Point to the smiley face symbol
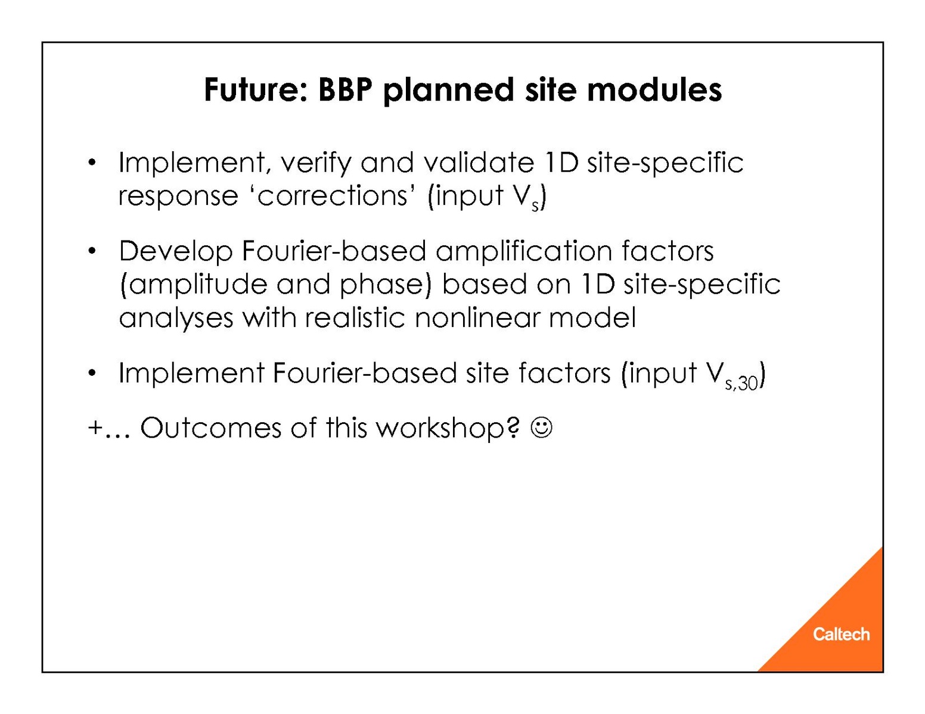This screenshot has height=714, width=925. (x=541, y=428)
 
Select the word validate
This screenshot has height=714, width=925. (x=479, y=163)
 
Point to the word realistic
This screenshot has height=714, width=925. (x=355, y=317)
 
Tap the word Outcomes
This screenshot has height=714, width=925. (x=211, y=428)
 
